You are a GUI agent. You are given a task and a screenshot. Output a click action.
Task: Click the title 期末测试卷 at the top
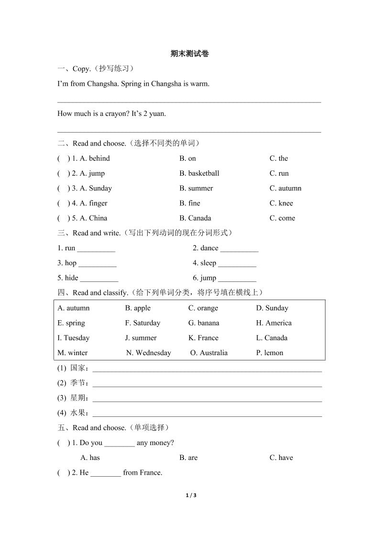pyautogui.click(x=189, y=54)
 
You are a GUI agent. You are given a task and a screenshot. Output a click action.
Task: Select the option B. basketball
pyautogui.click(x=199, y=173)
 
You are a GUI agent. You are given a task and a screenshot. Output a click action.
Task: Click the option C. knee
pyautogui.click(x=281, y=203)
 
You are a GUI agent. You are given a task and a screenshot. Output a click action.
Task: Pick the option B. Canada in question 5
pyautogui.click(x=195, y=218)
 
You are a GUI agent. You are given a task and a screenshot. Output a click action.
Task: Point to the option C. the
pyautogui.click(x=279, y=158)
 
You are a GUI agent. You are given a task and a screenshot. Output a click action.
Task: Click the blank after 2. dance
pyautogui.click(x=239, y=249)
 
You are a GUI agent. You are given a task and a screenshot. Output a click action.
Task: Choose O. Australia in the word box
pyautogui.click(x=209, y=353)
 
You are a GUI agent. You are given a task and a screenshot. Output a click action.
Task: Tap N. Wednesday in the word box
pyautogui.click(x=149, y=353)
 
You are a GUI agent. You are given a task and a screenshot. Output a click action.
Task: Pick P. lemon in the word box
pyautogui.click(x=270, y=353)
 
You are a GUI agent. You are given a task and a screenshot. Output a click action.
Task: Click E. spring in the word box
pyautogui.click(x=71, y=323)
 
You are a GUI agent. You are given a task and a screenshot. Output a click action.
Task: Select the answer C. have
pyautogui.click(x=281, y=458)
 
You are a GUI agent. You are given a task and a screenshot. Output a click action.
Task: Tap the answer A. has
pyautogui.click(x=90, y=458)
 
